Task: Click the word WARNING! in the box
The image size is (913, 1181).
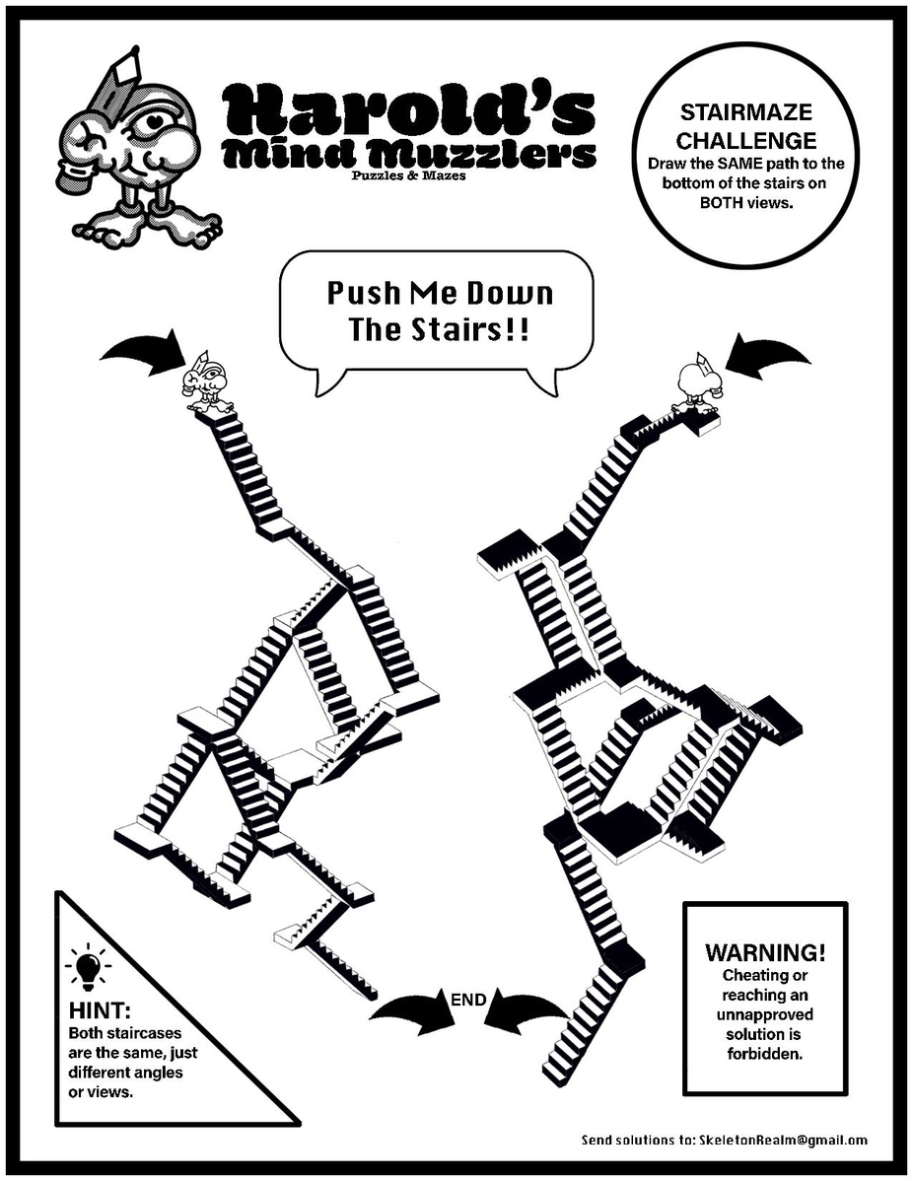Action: tap(765, 953)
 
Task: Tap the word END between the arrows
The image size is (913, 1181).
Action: tap(467, 1000)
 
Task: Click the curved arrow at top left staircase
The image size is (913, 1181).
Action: tap(143, 351)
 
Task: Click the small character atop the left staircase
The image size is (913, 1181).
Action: tap(206, 384)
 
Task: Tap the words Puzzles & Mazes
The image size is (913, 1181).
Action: tap(408, 176)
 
